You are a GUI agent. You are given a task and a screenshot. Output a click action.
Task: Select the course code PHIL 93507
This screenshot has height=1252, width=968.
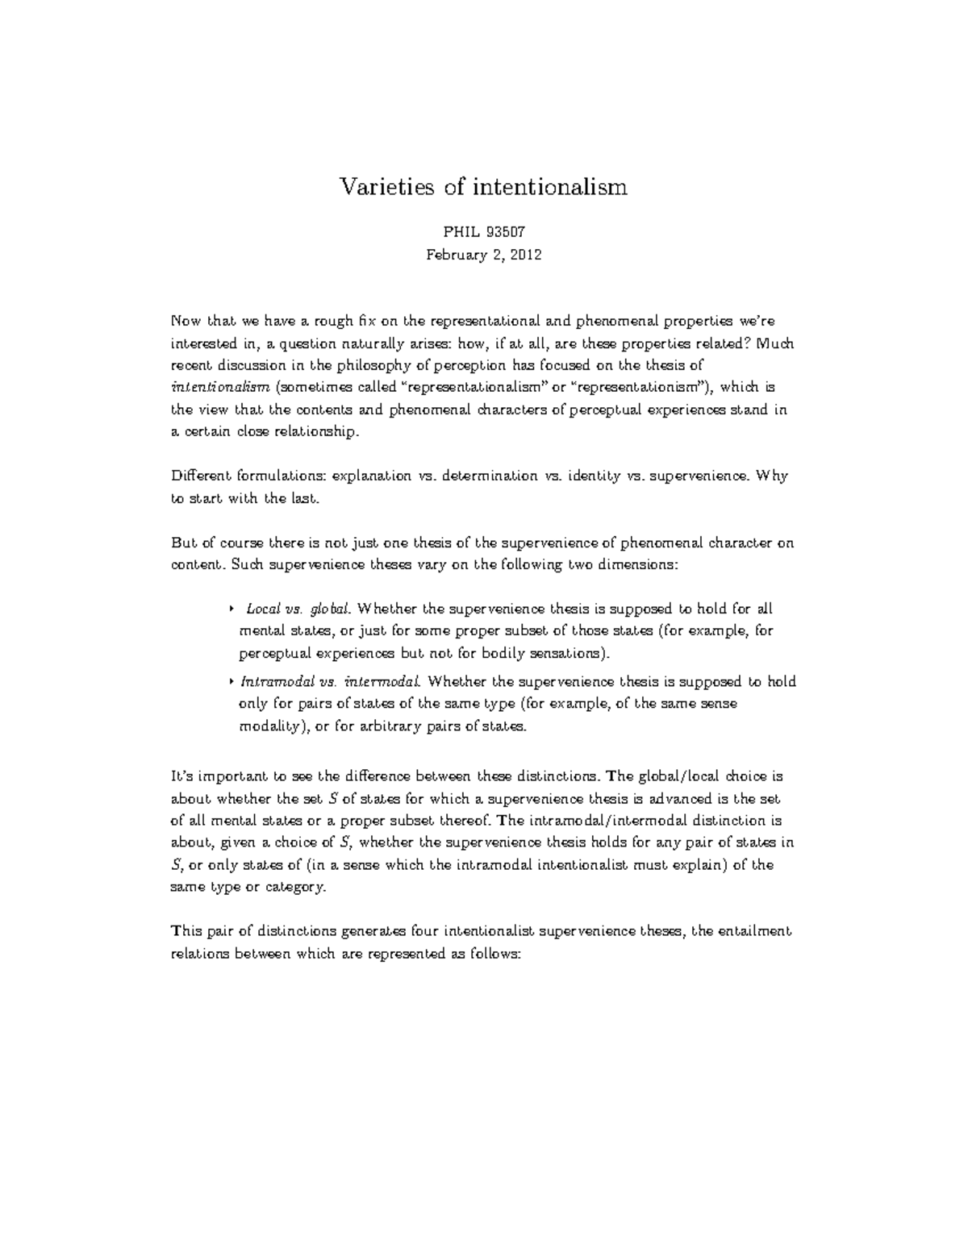[x=484, y=233]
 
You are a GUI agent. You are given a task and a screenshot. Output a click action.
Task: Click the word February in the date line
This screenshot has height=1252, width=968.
[x=456, y=255]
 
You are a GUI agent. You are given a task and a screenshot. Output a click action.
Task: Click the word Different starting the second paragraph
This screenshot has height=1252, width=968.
[x=198, y=476]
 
